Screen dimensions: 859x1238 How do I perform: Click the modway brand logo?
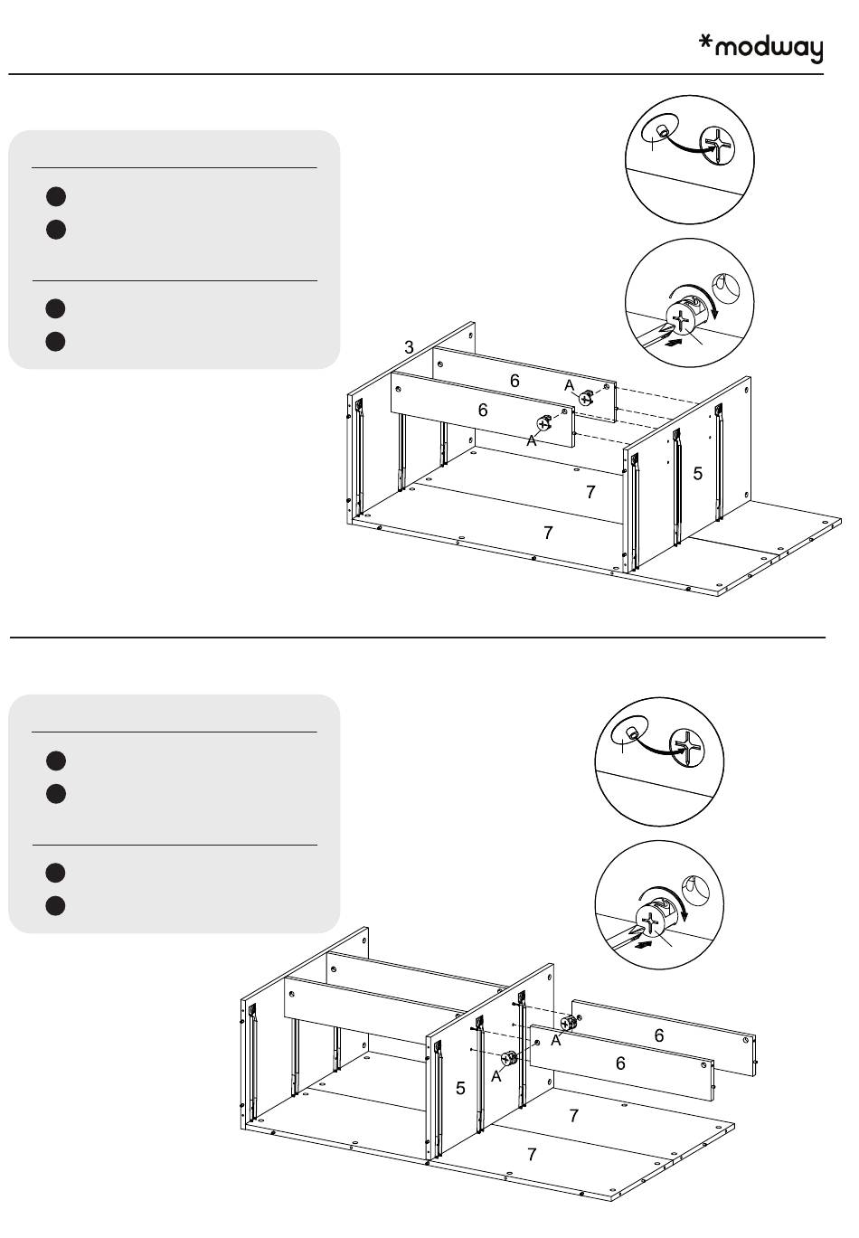click(761, 47)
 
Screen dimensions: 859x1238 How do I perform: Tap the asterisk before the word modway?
click(707, 43)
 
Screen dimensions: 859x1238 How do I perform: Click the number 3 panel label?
click(409, 347)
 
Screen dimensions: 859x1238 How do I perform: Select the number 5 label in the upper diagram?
click(698, 473)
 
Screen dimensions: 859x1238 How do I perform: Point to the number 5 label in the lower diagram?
click(460, 1088)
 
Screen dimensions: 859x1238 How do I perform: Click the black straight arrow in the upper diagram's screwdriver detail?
click(671, 344)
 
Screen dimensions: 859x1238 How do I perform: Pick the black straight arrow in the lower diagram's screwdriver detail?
click(642, 945)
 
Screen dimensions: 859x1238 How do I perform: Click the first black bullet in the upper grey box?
click(56, 196)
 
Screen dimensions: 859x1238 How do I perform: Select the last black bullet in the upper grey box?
click(56, 341)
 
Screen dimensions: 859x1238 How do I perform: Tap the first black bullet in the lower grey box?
click(56, 761)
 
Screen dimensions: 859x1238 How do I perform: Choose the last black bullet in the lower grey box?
click(56, 905)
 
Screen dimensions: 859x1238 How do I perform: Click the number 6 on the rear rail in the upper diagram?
click(514, 381)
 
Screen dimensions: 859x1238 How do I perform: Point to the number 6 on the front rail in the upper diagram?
click(483, 411)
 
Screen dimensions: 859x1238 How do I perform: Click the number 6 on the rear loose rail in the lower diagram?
click(659, 1035)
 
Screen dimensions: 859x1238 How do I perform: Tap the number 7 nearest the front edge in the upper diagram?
click(548, 533)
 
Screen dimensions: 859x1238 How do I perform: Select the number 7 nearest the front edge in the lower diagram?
click(532, 1154)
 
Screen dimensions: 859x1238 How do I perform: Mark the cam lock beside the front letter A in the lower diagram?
click(508, 1058)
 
